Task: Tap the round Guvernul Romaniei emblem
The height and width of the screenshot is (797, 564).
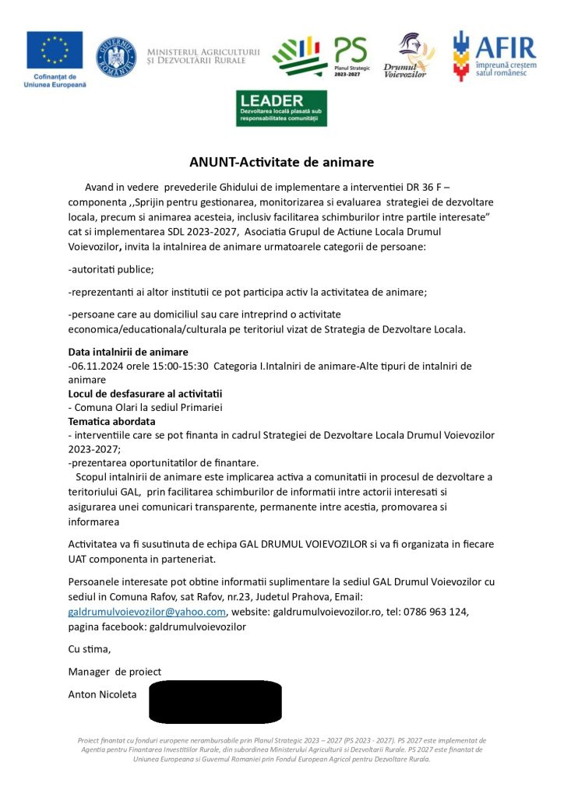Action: point(116,57)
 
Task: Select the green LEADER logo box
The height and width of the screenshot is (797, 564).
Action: point(281,108)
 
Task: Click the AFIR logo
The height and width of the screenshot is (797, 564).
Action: point(495,55)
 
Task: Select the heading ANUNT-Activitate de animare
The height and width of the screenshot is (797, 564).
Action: point(282,163)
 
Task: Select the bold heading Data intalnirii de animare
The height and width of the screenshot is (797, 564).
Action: point(128,352)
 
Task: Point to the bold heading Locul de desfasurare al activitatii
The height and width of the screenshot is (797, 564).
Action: point(145,393)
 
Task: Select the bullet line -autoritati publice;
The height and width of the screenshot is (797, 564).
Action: point(111,269)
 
